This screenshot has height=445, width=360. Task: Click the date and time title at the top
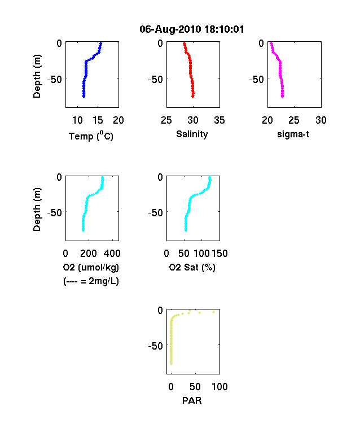[192, 29]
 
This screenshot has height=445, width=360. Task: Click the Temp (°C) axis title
[91, 136]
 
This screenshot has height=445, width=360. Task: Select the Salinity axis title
[192, 134]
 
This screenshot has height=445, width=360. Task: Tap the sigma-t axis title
[293, 134]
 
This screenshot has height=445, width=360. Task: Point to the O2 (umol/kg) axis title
[91, 267]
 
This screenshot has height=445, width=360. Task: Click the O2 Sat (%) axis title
[192, 267]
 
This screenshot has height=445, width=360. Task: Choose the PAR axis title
[192, 400]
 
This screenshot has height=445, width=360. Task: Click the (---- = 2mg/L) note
[91, 281]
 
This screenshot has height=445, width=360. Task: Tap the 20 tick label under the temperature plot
[118, 120]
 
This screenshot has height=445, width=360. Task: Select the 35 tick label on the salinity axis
[219, 120]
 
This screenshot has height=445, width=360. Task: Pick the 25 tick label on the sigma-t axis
[294, 120]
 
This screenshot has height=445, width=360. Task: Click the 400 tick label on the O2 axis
[112, 254]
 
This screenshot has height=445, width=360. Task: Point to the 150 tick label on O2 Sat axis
[219, 254]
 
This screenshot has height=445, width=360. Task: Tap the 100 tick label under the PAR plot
[219, 386]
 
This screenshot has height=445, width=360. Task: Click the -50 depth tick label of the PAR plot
[156, 346]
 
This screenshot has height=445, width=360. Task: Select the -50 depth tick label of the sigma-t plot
[257, 80]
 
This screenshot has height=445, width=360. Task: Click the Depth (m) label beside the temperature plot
[37, 76]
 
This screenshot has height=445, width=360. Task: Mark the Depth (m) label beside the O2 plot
[37, 210]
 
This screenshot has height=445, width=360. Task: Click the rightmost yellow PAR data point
[214, 312]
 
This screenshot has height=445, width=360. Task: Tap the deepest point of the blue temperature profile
[84, 97]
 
